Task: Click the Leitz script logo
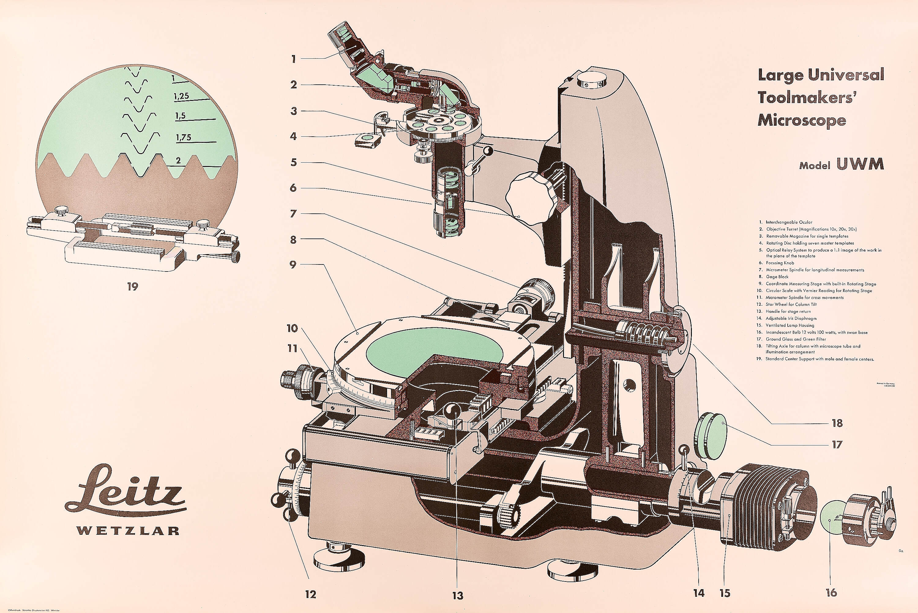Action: tap(125, 491)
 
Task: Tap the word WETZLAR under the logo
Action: tap(128, 530)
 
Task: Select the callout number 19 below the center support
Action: tap(133, 286)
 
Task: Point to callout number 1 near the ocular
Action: tap(293, 59)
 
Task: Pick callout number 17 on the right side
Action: tap(837, 445)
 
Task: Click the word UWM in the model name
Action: tap(860, 164)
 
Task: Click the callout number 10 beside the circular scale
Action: tap(292, 328)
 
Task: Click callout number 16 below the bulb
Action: tap(831, 593)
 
